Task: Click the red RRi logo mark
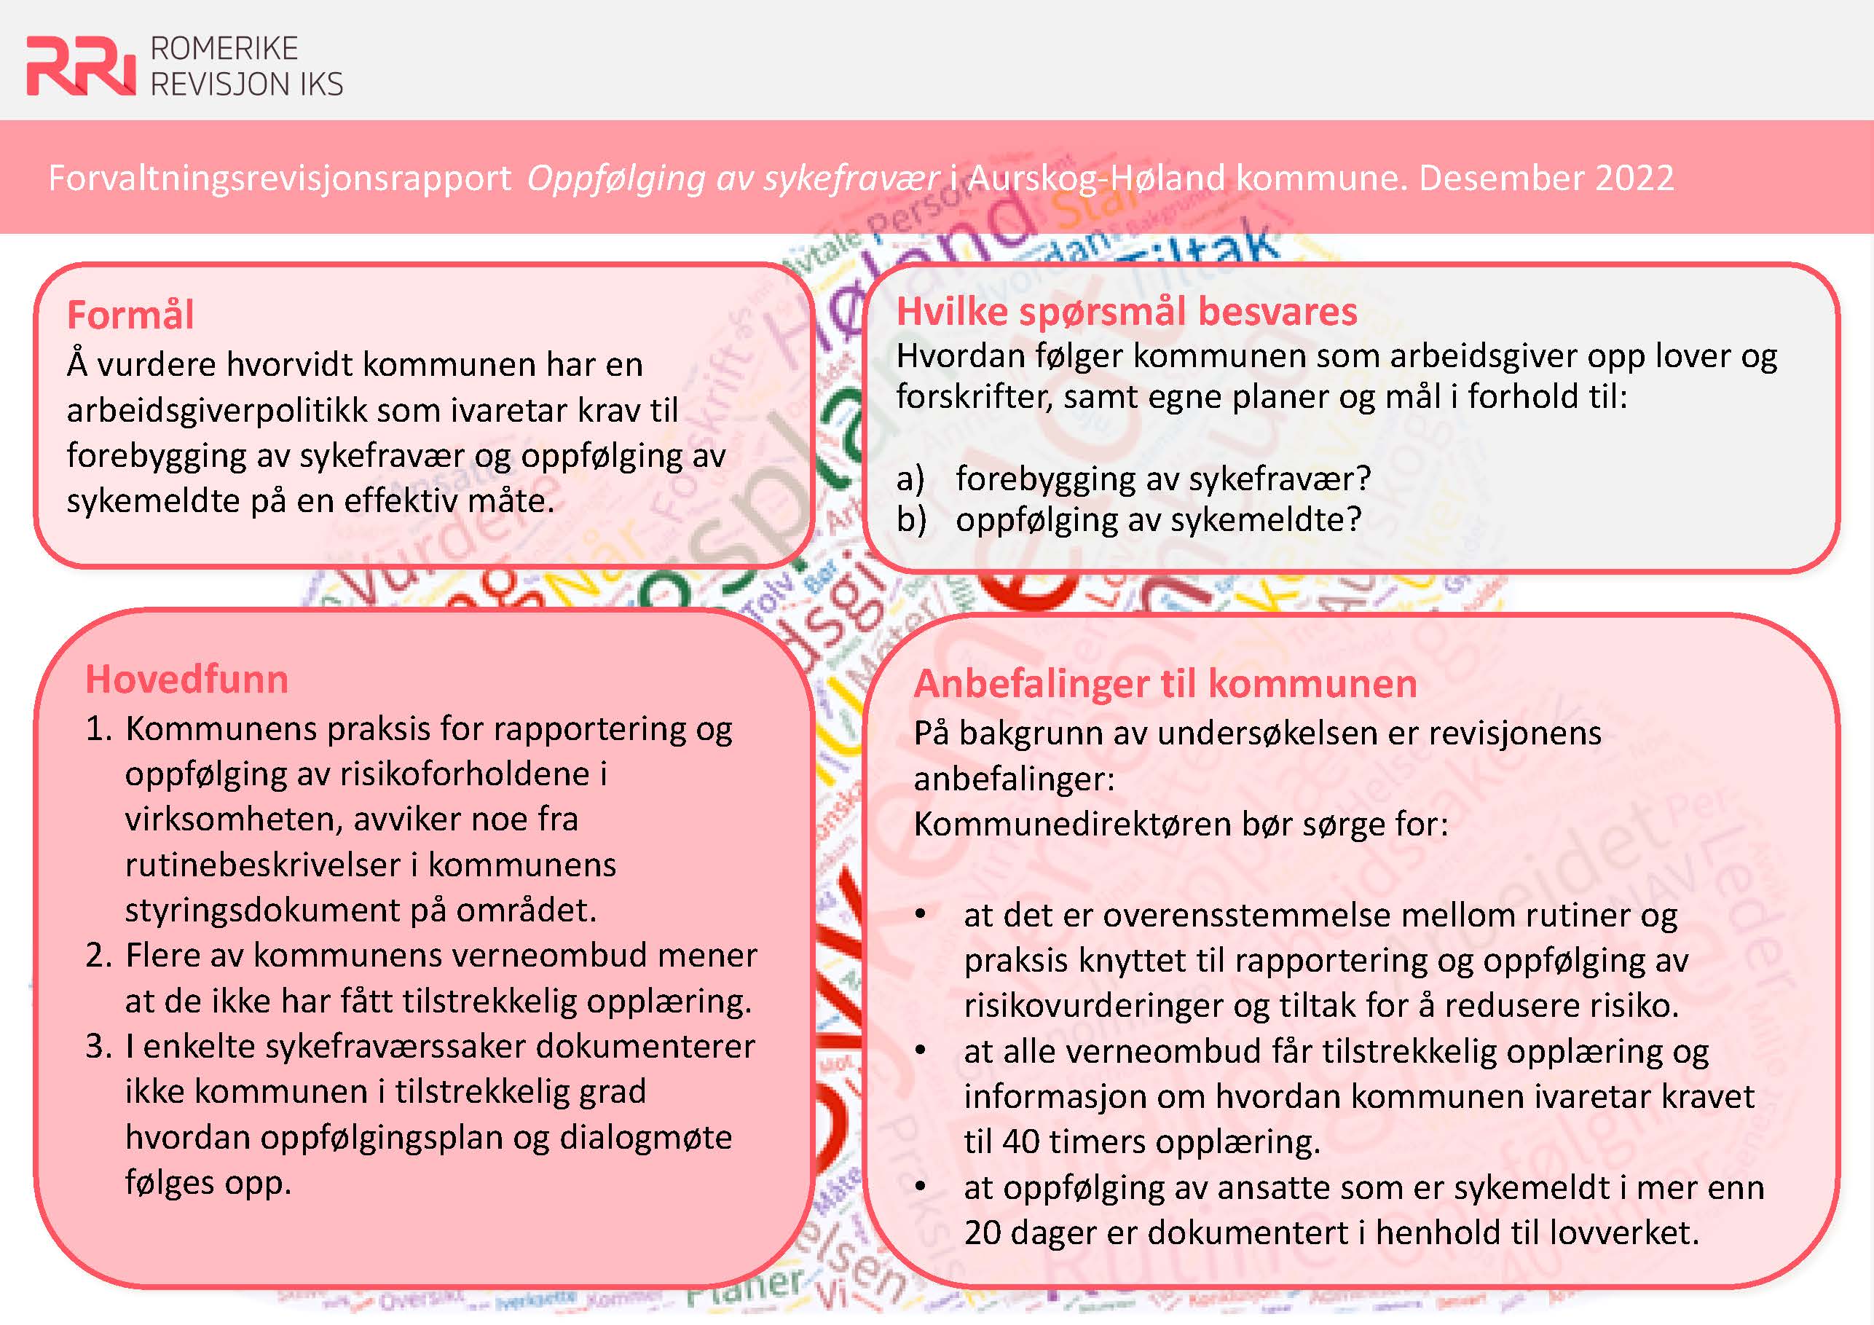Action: click(x=80, y=66)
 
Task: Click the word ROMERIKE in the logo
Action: click(x=224, y=49)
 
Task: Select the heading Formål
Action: click(x=130, y=315)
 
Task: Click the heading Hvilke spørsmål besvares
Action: click(x=1126, y=312)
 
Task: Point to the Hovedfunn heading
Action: click(x=187, y=679)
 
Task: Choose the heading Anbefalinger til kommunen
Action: click(x=1165, y=684)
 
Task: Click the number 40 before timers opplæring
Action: click(x=1021, y=1141)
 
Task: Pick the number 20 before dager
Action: click(x=982, y=1232)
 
